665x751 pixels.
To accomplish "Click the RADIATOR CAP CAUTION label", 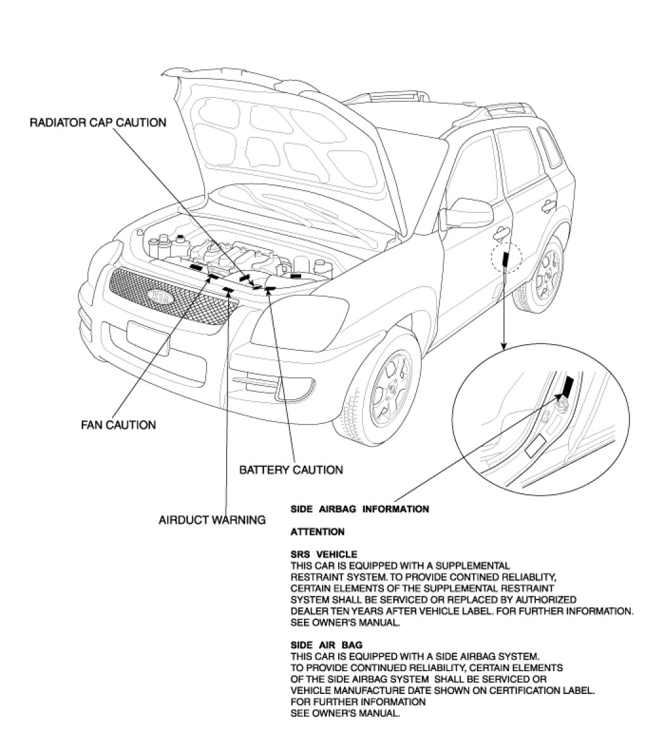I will [98, 122].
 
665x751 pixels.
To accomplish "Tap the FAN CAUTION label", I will [118, 424].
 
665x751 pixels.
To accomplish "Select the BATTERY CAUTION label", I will [291, 470].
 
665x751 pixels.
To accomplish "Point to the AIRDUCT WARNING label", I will [212, 520].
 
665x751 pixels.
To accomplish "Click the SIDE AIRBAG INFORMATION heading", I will [359, 509].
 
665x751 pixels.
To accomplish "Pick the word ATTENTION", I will [317, 532].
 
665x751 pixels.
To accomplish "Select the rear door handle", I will [545, 205].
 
